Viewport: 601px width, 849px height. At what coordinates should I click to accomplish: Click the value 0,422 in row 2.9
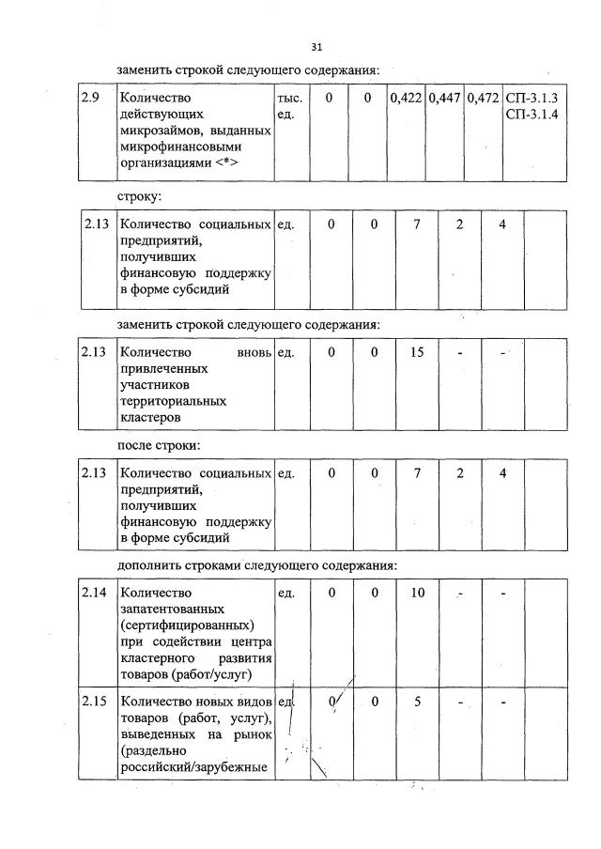pyautogui.click(x=406, y=98)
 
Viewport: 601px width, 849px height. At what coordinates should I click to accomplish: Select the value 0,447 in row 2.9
pyautogui.click(x=443, y=98)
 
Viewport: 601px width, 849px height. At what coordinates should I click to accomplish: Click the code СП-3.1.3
pyautogui.click(x=532, y=98)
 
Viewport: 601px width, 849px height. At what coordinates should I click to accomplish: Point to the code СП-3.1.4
pyautogui.click(x=532, y=114)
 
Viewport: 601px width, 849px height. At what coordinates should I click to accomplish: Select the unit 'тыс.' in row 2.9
pyautogui.click(x=289, y=99)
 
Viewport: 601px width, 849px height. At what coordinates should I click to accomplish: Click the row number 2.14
pyautogui.click(x=94, y=593)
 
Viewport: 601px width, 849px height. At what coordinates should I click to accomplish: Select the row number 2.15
pyautogui.click(x=94, y=702)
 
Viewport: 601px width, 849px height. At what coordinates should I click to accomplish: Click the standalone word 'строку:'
pyautogui.click(x=139, y=198)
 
